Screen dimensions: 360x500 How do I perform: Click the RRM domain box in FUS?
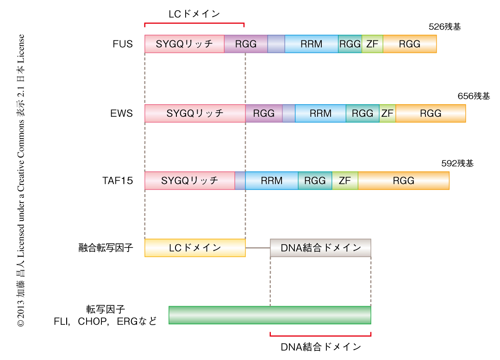311,44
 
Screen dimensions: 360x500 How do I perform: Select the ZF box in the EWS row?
387,114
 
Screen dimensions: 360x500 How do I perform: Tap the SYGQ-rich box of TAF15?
190,181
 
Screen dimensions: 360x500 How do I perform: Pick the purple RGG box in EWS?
264,114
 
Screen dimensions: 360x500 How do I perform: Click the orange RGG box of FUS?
410,44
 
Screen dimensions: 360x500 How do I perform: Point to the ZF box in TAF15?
345,181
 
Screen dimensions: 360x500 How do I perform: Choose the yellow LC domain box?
195,248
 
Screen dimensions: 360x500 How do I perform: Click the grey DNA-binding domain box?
320,248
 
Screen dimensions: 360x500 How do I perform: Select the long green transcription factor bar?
270,315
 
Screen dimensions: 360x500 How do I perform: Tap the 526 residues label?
445,27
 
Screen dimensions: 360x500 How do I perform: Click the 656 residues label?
474,96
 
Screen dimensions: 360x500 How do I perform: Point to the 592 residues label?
457,164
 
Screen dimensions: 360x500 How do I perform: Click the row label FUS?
123,44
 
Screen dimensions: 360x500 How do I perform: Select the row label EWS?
122,114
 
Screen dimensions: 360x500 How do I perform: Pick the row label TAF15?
118,181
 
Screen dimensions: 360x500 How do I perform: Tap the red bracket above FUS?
194,23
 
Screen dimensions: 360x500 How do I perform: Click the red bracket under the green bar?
320,335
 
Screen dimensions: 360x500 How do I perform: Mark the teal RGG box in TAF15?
315,181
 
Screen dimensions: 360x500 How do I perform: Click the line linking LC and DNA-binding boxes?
257,248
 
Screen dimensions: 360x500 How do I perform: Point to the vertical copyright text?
21,181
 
